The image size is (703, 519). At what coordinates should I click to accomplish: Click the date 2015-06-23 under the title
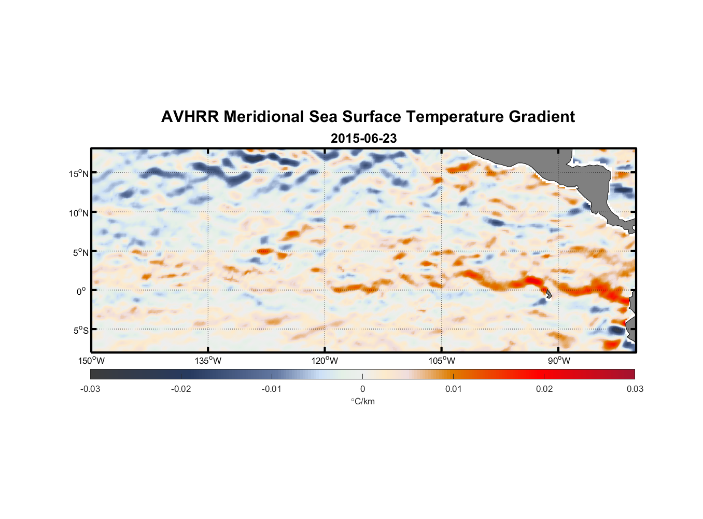click(363, 139)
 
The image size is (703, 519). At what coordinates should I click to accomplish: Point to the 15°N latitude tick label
click(79, 174)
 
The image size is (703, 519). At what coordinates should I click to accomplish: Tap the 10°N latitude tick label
click(79, 213)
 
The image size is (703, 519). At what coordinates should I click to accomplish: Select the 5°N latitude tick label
click(80, 253)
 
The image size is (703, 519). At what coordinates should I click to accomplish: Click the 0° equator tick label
click(81, 292)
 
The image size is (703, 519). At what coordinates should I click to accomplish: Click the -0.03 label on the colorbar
click(90, 389)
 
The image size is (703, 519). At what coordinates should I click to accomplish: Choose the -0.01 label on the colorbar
click(272, 389)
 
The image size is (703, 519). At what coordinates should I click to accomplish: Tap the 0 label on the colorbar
click(362, 389)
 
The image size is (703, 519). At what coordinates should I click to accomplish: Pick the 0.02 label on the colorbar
click(544, 389)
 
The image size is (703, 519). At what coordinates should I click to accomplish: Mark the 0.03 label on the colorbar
click(635, 389)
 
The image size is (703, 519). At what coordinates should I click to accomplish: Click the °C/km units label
click(362, 402)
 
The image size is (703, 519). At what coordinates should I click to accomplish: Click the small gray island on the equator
click(548, 294)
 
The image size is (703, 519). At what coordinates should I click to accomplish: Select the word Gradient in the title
click(541, 117)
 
